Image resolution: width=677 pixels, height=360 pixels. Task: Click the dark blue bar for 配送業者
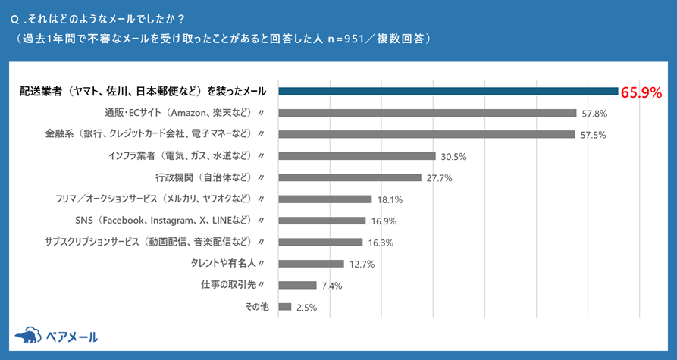[x=448, y=92]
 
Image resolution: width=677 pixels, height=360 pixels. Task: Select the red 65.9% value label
[x=641, y=93]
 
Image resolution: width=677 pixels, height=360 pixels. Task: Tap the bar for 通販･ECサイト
[x=428, y=113]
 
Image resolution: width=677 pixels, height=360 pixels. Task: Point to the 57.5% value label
[x=594, y=135]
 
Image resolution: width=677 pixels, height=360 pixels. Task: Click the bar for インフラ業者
[x=357, y=156]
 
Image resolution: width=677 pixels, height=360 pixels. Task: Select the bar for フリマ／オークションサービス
[x=325, y=199]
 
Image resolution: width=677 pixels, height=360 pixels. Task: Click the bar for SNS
[x=322, y=221]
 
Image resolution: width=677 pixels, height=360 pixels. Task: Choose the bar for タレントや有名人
[x=312, y=264]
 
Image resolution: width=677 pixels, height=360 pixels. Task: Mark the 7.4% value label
[x=331, y=286]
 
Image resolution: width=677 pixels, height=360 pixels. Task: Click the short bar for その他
[x=285, y=307]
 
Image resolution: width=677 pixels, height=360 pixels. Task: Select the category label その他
[x=256, y=307]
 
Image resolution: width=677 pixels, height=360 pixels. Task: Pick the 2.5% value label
[x=307, y=308]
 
